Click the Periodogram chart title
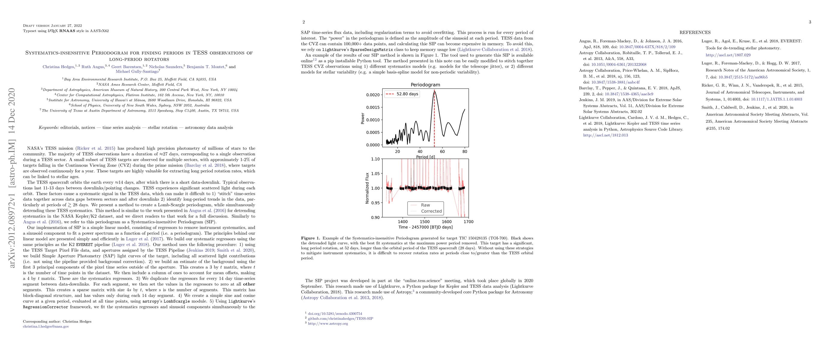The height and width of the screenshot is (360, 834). (x=425, y=85)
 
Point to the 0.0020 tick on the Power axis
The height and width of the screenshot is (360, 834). (x=373, y=95)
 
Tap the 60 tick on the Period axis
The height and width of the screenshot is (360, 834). (x=442, y=151)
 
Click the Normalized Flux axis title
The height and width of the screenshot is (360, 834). (x=367, y=188)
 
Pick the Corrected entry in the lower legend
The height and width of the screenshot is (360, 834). (x=431, y=211)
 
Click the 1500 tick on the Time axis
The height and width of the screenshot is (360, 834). (x=425, y=222)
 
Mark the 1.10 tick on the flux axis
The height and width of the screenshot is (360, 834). (x=375, y=159)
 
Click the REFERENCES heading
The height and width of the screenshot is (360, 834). (x=695, y=32)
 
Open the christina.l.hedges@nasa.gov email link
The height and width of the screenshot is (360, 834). (x=46, y=326)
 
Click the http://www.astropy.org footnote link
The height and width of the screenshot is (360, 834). (x=328, y=323)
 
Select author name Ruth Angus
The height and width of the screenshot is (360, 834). (x=93, y=67)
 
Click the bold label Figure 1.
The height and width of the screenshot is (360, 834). (x=310, y=238)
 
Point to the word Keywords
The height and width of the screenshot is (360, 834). (x=49, y=127)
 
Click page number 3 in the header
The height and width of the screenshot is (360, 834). (x=810, y=22)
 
